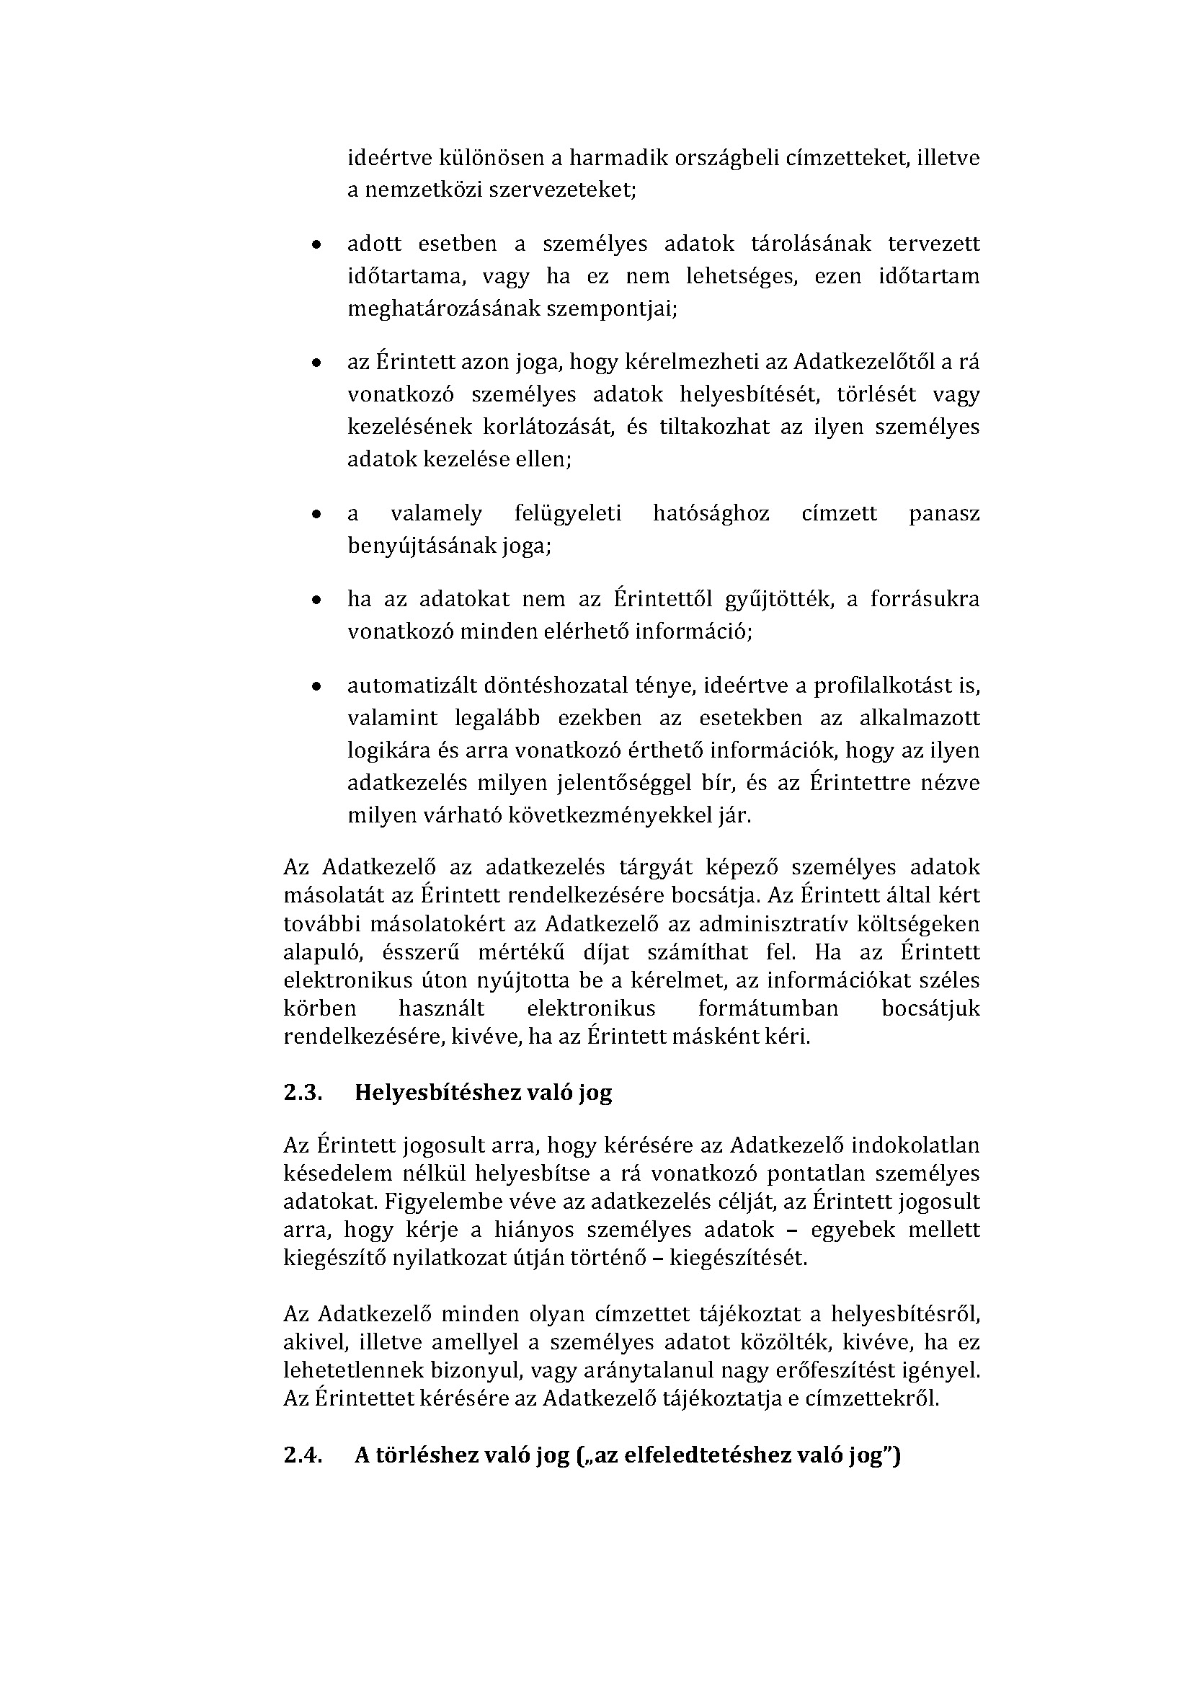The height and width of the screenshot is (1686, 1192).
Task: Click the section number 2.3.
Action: point(303,1092)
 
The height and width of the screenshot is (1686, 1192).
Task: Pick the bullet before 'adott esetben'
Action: point(316,245)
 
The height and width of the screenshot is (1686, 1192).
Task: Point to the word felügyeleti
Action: point(567,513)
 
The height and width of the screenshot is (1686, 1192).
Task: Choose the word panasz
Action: point(944,513)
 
